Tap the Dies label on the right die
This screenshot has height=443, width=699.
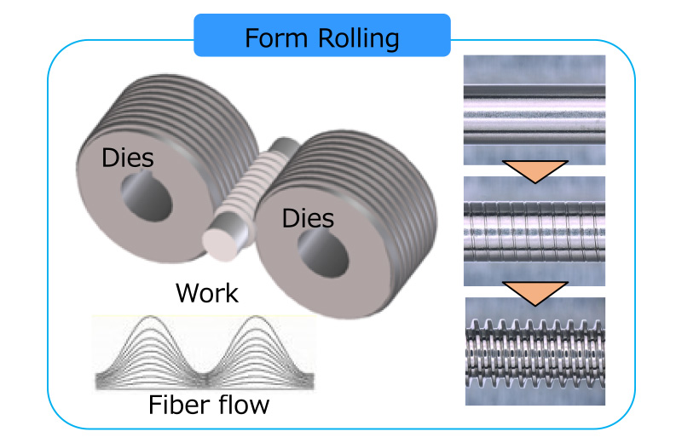[x=308, y=219]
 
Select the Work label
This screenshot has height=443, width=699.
[x=206, y=293]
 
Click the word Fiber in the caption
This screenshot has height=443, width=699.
[x=175, y=403]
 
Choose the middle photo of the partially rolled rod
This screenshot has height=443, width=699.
[x=534, y=231]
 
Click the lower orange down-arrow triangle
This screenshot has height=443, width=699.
[x=534, y=291]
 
